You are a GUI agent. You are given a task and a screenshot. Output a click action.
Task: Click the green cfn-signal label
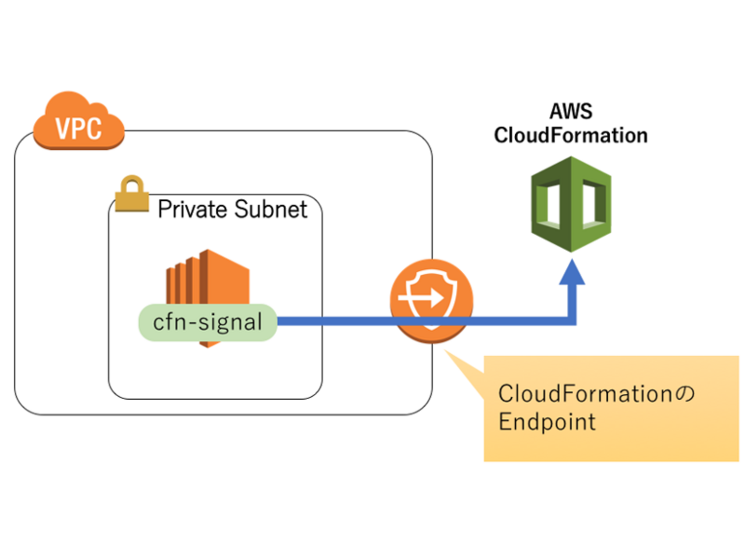click(x=207, y=322)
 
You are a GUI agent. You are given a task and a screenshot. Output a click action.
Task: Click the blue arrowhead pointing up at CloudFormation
click(x=571, y=273)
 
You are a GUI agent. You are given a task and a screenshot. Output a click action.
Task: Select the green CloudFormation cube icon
click(x=571, y=204)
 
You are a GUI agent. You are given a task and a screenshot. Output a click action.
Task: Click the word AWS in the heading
click(x=571, y=111)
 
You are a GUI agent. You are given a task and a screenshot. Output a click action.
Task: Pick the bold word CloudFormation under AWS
click(x=571, y=136)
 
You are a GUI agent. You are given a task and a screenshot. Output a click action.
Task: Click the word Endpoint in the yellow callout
click(x=547, y=422)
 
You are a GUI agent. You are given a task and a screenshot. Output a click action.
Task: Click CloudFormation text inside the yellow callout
click(x=585, y=394)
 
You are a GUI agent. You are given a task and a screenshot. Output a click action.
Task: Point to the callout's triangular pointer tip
click(x=446, y=350)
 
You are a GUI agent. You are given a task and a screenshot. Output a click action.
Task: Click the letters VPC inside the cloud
click(x=79, y=128)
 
